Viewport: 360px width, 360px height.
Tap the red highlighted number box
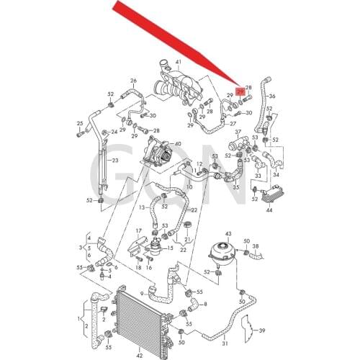click(240, 91)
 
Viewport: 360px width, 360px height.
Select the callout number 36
click(272, 96)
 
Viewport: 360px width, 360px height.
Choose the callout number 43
click(229, 235)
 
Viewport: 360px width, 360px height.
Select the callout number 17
click(140, 230)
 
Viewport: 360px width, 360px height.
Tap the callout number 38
click(254, 246)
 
